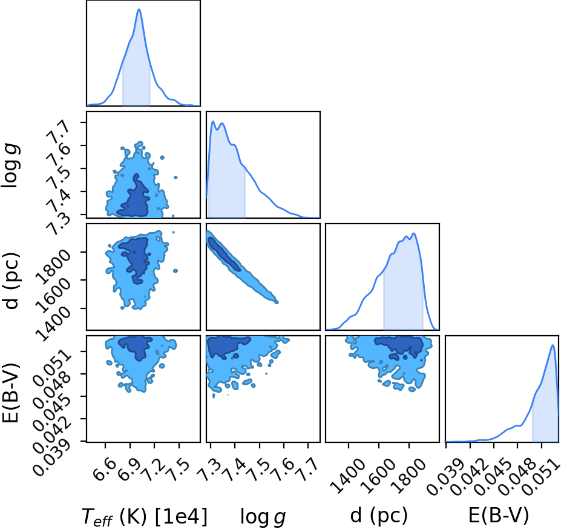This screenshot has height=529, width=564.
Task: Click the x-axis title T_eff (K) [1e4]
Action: (x=145, y=517)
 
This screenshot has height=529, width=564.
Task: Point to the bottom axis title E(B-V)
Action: (x=499, y=516)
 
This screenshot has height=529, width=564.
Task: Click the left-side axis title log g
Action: (x=11, y=165)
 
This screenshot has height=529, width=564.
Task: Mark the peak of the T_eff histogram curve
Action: (x=139, y=9)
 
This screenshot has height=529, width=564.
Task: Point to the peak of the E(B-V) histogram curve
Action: (x=553, y=345)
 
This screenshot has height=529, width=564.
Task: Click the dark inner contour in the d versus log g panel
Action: (x=224, y=254)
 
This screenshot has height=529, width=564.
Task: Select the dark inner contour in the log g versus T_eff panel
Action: (x=134, y=198)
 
